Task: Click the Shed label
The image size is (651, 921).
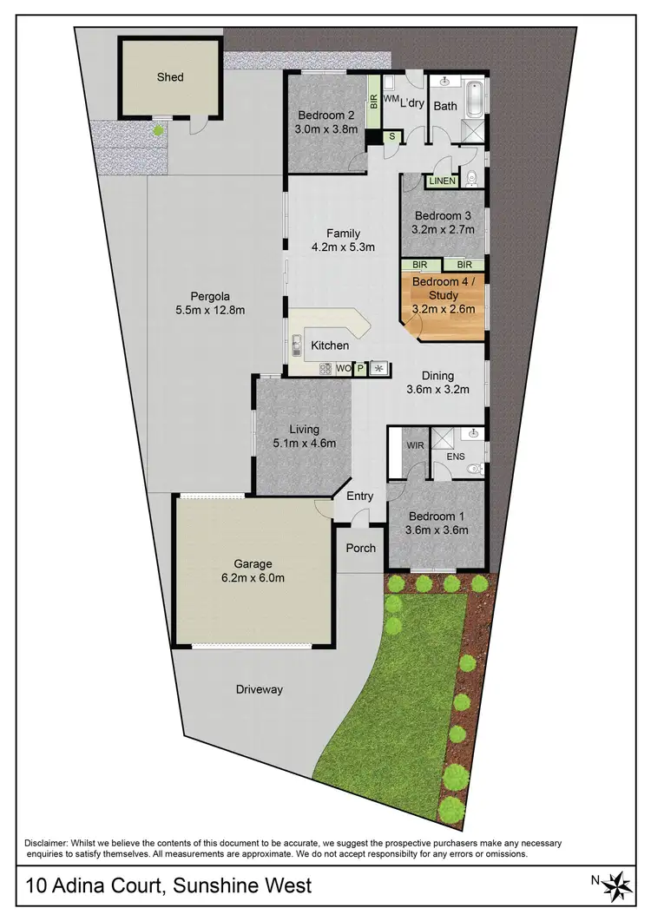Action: tap(170, 77)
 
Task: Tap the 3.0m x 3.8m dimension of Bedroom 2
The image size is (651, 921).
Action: tap(327, 131)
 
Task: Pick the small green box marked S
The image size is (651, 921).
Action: tap(391, 135)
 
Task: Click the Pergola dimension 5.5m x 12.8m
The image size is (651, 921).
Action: tap(210, 310)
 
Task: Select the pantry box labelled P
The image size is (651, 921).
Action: tap(360, 369)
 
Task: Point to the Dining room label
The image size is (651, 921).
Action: tap(437, 376)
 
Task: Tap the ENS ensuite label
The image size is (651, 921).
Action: tap(456, 455)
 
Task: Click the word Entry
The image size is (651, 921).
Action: tap(359, 497)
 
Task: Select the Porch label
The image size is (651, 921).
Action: tap(361, 548)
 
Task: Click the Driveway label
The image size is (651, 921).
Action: tap(260, 690)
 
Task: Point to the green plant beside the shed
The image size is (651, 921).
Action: tap(157, 130)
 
